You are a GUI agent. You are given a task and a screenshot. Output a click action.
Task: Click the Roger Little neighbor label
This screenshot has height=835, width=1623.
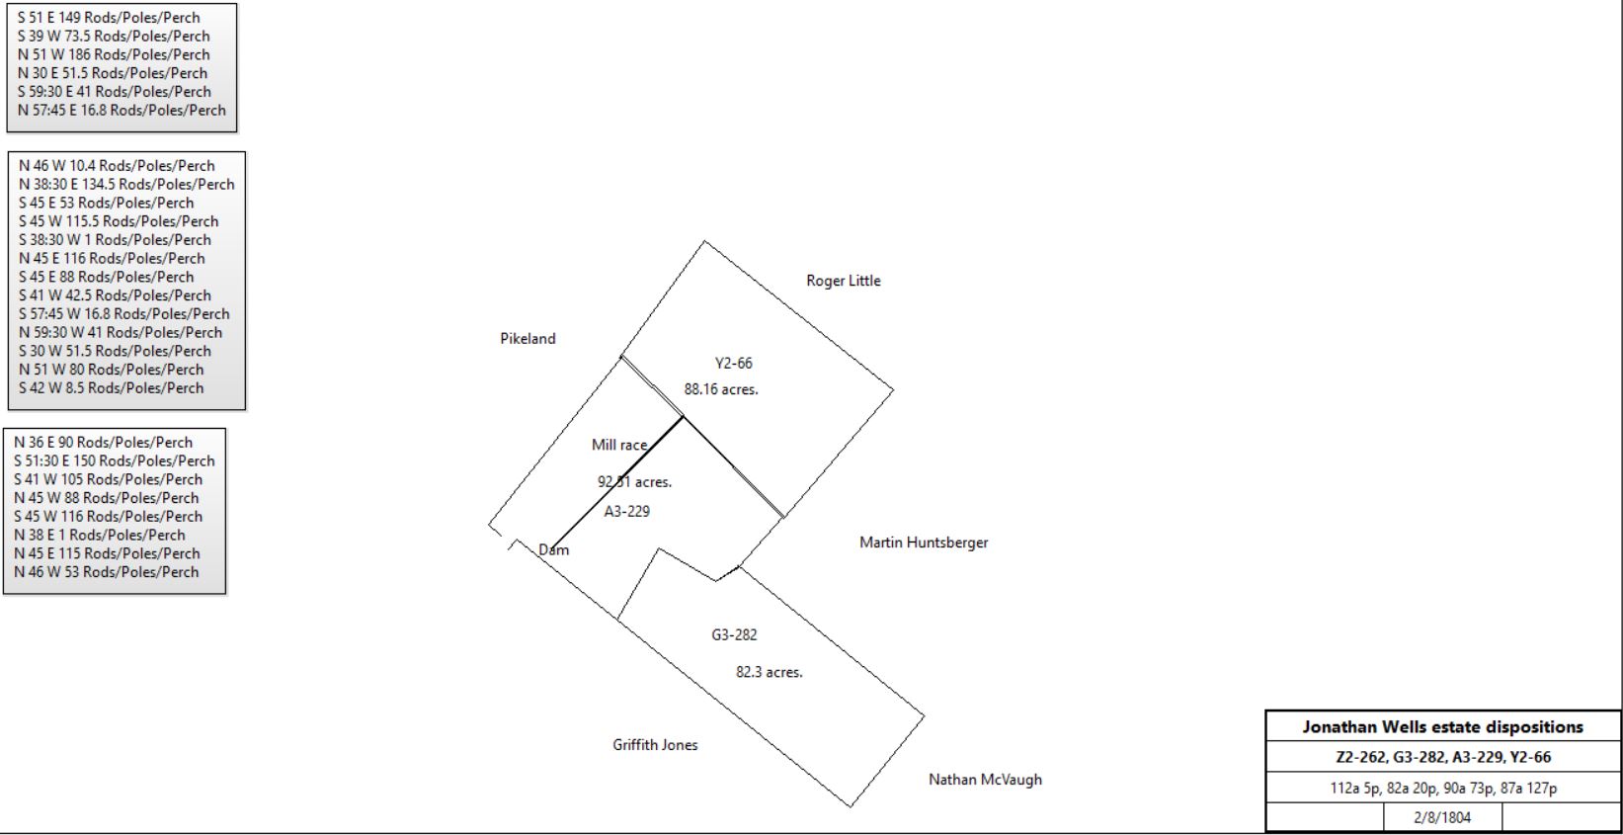[844, 281]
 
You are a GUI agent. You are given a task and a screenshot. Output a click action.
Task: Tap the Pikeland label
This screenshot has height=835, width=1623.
[527, 339]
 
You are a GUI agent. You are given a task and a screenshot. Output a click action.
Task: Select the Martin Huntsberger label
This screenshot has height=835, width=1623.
[924, 543]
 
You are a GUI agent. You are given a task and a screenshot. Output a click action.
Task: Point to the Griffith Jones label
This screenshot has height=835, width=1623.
[655, 744]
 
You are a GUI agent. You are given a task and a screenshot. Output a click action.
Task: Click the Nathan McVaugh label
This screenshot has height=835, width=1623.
[986, 780]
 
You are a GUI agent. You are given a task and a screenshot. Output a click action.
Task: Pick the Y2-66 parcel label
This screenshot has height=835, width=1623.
[733, 363]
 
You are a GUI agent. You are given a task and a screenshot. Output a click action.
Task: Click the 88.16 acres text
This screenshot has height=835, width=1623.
[721, 389]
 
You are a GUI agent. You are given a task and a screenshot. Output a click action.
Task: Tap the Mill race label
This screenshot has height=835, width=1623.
[619, 445]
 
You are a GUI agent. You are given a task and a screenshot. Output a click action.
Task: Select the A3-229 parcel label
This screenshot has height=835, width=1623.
[626, 511]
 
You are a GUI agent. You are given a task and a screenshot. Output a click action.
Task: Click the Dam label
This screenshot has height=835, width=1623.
[553, 549]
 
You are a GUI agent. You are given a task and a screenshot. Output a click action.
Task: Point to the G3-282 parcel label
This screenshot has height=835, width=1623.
[734, 635]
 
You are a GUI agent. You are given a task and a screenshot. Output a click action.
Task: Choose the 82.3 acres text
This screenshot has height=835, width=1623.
[769, 672]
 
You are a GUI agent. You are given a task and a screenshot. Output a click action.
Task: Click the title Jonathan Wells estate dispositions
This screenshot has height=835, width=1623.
[1442, 726]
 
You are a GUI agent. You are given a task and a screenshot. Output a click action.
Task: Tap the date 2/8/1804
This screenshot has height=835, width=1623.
[1442, 817]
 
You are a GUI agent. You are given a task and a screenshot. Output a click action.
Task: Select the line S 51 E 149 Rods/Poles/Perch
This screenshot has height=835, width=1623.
[109, 18]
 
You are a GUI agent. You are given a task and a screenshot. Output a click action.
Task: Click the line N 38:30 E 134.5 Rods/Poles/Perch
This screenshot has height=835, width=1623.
[126, 184]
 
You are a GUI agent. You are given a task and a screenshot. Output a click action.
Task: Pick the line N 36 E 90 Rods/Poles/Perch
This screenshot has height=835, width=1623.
[104, 442]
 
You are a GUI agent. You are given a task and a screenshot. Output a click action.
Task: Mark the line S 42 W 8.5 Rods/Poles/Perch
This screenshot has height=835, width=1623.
[111, 387]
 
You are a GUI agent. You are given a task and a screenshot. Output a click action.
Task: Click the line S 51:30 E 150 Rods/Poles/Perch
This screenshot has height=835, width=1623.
[115, 461]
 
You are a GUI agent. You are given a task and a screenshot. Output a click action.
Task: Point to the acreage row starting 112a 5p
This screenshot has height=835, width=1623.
[1442, 788]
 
